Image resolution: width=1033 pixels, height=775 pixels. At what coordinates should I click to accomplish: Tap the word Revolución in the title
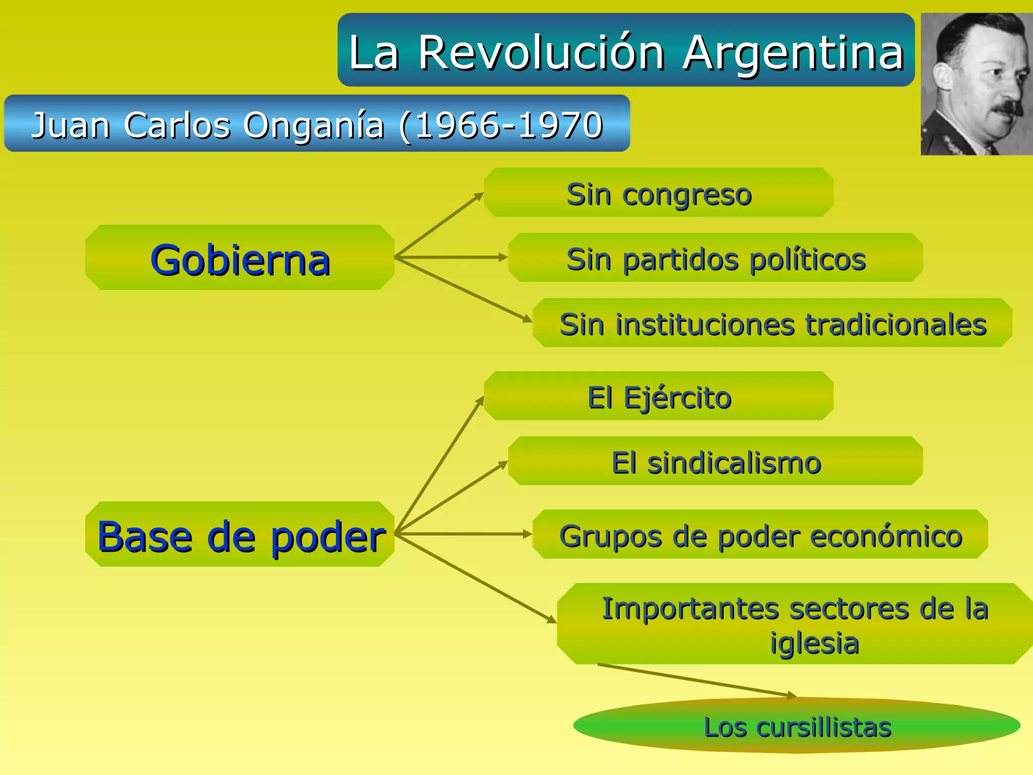[541, 53]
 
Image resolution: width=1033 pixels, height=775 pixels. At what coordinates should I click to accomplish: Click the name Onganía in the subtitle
[314, 125]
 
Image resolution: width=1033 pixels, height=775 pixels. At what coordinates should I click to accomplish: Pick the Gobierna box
[240, 258]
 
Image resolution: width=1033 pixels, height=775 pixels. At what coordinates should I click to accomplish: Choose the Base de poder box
[240, 534]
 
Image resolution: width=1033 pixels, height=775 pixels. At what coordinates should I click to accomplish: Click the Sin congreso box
[658, 193]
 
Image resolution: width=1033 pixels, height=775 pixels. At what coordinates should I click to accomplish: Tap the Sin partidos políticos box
[715, 258]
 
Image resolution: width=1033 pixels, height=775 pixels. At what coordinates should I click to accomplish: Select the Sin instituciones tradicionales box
[772, 323]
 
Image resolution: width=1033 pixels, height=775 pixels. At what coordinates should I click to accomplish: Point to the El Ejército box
[658, 396]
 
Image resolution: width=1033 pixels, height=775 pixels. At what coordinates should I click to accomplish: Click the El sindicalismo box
[715, 461]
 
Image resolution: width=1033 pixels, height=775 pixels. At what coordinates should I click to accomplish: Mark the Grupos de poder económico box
[760, 534]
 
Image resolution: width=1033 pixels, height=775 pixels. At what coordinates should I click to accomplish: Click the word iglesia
[814, 643]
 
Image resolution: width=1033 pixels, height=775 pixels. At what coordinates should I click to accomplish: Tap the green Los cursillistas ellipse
[797, 726]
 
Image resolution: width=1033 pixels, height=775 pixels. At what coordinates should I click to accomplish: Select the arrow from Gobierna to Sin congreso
[439, 225]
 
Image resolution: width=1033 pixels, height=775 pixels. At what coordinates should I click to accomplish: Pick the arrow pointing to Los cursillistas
[696, 680]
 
